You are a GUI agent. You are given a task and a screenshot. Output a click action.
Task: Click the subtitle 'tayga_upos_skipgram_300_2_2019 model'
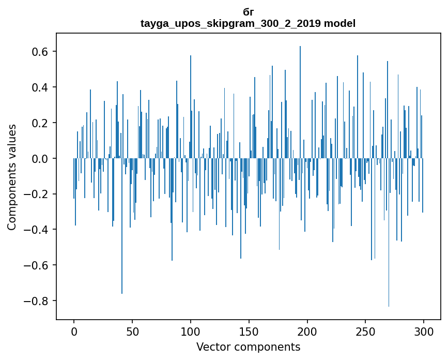tap(248, 23)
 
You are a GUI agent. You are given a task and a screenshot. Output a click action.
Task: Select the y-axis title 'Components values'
tap(12, 177)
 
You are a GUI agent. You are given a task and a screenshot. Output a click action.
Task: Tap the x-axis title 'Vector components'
tap(248, 347)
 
